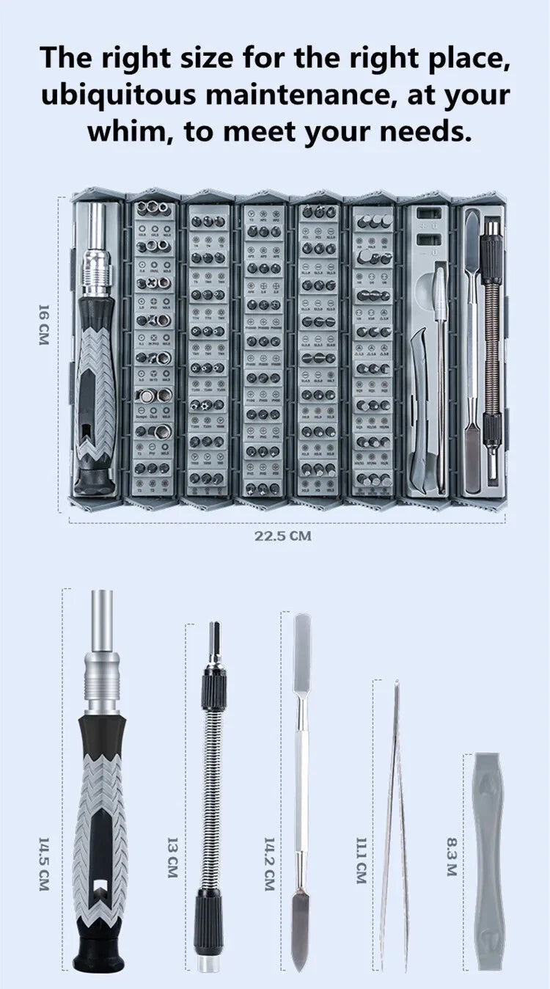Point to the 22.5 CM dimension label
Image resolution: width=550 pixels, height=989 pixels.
click(x=283, y=536)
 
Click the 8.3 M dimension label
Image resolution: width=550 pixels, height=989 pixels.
click(x=452, y=858)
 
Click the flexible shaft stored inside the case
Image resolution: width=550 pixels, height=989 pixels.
click(x=492, y=345)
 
